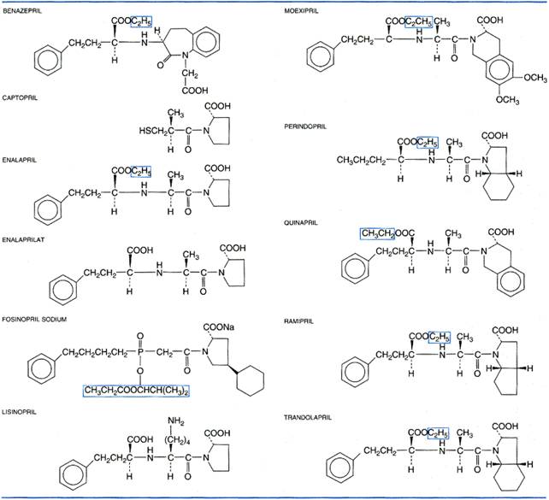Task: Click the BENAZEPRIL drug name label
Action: pyautogui.click(x=22, y=11)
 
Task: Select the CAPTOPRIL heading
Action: pyautogui.click(x=20, y=97)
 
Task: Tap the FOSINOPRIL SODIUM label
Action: pyautogui.click(x=34, y=319)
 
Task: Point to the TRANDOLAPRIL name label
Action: pyautogui.click(x=307, y=417)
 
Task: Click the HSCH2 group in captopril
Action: pyautogui.click(x=153, y=132)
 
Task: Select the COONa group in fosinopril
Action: pyautogui.click(x=219, y=327)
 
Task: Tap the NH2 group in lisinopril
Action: pyautogui.click(x=176, y=421)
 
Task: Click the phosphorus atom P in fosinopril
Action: pyautogui.click(x=140, y=351)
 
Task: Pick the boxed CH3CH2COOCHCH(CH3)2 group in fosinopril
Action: pyautogui.click(x=136, y=391)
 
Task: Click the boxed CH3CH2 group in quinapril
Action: pyautogui.click(x=378, y=233)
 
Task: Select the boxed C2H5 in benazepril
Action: pyautogui.click(x=141, y=21)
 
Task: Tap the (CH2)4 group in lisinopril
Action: pyautogui.click(x=179, y=440)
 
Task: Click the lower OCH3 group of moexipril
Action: pyautogui.click(x=507, y=100)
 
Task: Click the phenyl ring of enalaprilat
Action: pyautogui.click(x=63, y=289)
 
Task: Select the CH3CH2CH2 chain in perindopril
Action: pyautogui.click(x=361, y=160)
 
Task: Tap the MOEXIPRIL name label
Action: pyautogui.click(x=301, y=11)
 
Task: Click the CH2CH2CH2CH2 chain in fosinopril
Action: pyautogui.click(x=95, y=352)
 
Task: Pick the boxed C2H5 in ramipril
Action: pyautogui.click(x=439, y=337)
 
